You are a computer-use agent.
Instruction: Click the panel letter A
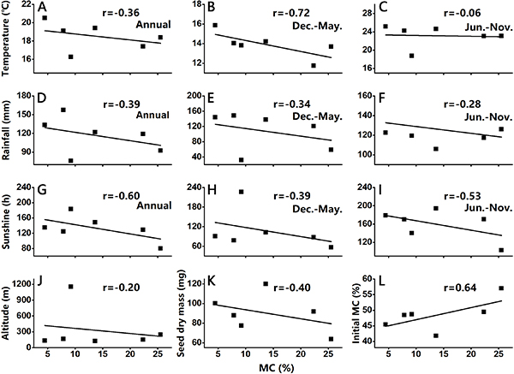(x=41, y=8)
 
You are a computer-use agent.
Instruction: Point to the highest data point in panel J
(x=71, y=287)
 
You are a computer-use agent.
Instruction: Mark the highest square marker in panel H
(x=242, y=192)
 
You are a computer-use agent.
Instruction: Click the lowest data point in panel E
(x=242, y=160)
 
